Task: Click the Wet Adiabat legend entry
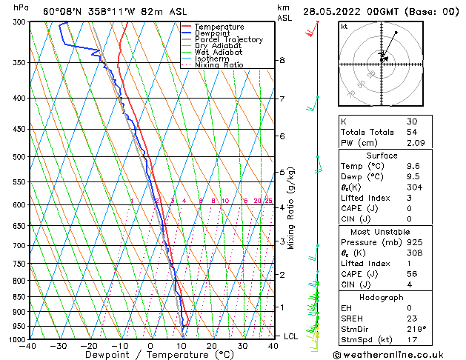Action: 218,53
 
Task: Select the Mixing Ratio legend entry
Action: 219,65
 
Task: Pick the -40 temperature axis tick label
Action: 28,346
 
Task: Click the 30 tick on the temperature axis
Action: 242,346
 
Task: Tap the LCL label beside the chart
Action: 291,336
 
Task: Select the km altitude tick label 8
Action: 282,60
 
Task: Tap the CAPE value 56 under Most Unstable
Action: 412,273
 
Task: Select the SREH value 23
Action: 412,318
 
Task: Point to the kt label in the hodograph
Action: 344,26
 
